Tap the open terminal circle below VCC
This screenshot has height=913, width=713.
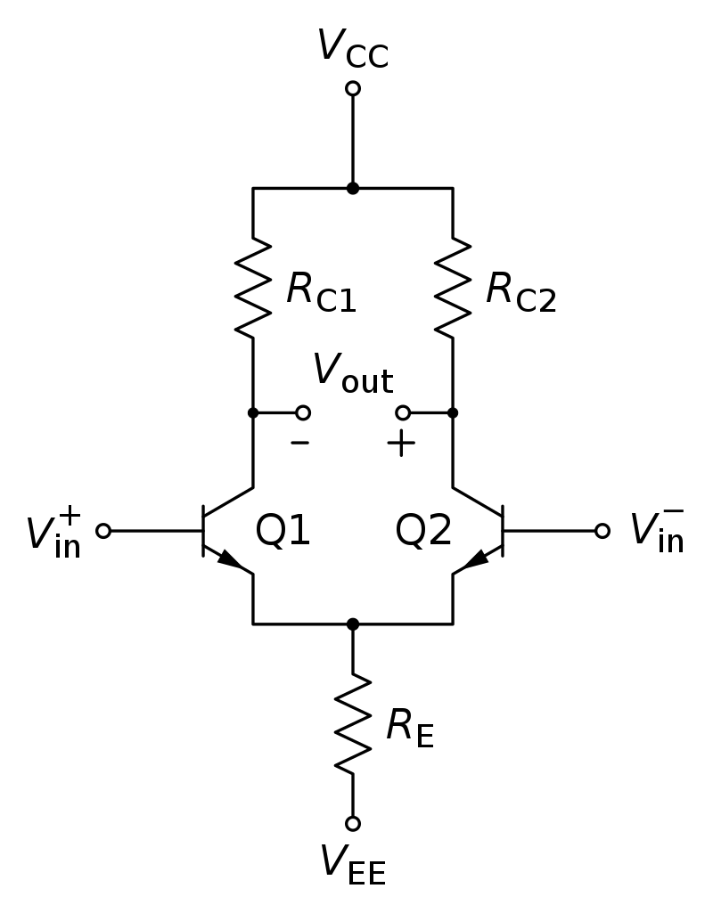352,88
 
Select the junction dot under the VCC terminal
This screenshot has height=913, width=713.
352,188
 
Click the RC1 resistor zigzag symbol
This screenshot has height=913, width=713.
253,288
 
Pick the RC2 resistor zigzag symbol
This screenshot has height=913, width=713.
453,288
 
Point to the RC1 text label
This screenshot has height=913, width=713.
321,292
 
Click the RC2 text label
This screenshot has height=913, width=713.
520,292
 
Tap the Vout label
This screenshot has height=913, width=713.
353,374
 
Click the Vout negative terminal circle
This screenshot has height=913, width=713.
303,412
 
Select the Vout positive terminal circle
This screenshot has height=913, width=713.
403,412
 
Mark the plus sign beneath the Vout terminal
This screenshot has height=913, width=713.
401,444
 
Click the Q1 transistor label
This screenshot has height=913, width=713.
283,531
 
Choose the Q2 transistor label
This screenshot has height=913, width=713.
423,531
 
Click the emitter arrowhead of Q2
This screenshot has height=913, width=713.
475,559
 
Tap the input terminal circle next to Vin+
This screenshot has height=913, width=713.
103,531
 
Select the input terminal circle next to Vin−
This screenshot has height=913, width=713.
602,531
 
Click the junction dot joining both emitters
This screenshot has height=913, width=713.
352,624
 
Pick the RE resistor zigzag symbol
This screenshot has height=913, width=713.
352,724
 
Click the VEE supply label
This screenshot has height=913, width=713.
353,865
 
